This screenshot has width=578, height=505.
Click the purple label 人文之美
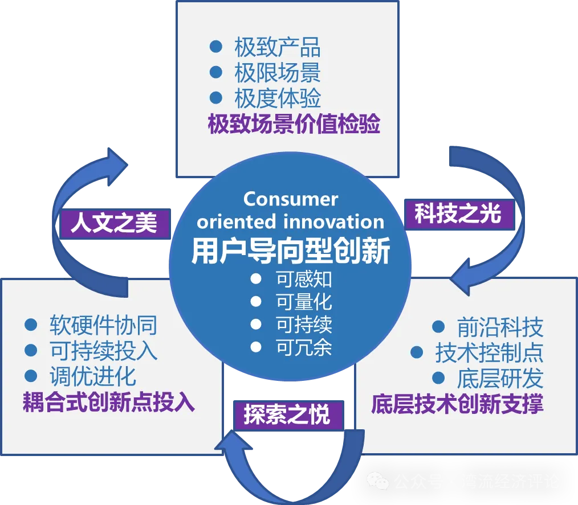(x=114, y=222)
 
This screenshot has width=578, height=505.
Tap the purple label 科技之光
(x=458, y=214)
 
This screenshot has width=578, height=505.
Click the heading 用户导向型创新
(x=291, y=251)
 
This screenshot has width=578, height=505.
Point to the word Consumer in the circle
(x=291, y=199)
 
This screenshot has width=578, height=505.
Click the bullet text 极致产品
(x=277, y=47)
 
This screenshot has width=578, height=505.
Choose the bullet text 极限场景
(x=277, y=73)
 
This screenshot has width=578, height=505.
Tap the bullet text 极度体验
(x=277, y=98)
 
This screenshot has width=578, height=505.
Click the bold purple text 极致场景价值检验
(x=294, y=124)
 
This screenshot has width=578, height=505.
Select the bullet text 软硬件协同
(x=103, y=325)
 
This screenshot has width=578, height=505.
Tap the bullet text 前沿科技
(x=500, y=327)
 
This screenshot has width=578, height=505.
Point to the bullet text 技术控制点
(x=489, y=353)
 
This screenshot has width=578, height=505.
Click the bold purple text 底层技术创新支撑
(x=457, y=404)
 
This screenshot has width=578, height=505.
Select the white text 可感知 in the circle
(x=304, y=279)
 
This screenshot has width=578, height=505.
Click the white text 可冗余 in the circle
(x=304, y=347)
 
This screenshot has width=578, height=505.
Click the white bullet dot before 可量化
(x=256, y=302)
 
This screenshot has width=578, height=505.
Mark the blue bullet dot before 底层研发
(x=438, y=377)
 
